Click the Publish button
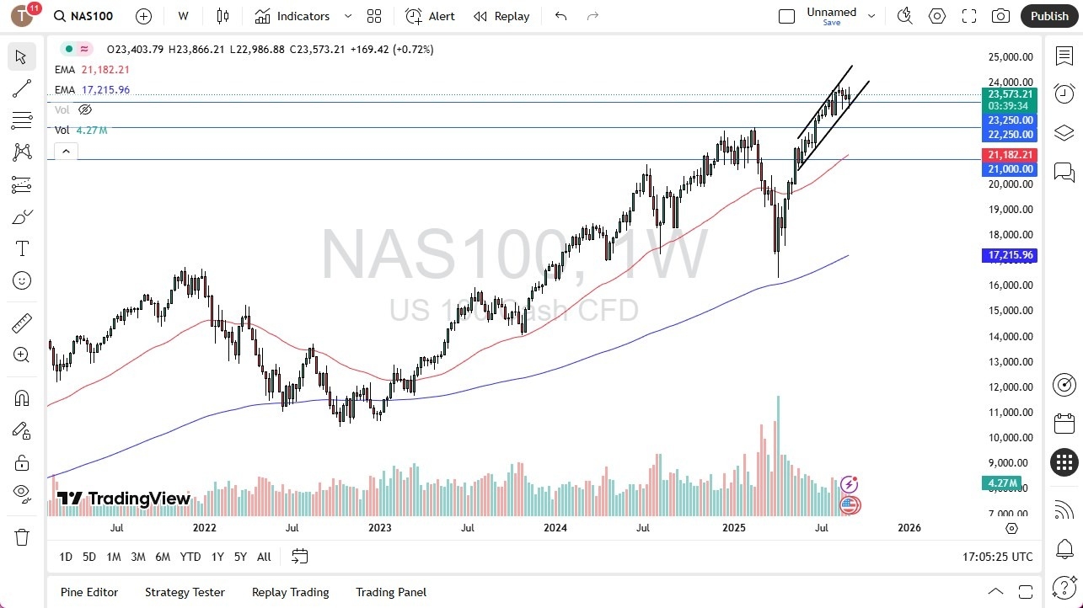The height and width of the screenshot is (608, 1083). [1048, 16]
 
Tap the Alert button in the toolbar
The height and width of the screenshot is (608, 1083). [430, 16]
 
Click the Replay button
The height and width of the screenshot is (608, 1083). [501, 16]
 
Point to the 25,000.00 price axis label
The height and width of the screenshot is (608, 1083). [1010, 57]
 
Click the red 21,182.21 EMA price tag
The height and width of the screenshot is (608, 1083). [1009, 155]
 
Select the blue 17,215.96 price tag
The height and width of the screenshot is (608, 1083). [1009, 255]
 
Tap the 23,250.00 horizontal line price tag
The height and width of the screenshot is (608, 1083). [1010, 120]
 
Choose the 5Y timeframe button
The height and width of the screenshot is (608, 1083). [240, 557]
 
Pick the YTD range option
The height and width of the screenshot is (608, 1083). [190, 557]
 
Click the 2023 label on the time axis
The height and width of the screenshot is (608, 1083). [379, 528]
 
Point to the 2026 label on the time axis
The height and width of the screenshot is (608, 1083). [909, 528]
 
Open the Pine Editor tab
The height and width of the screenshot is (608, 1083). [89, 592]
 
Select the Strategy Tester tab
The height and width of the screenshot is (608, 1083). [185, 592]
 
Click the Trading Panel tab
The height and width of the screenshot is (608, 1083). [391, 592]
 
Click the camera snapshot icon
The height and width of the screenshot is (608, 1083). [1000, 16]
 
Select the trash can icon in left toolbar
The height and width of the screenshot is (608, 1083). [22, 537]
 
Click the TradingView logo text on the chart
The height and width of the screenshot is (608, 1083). [124, 499]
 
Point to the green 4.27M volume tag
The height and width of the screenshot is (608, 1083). [1003, 484]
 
